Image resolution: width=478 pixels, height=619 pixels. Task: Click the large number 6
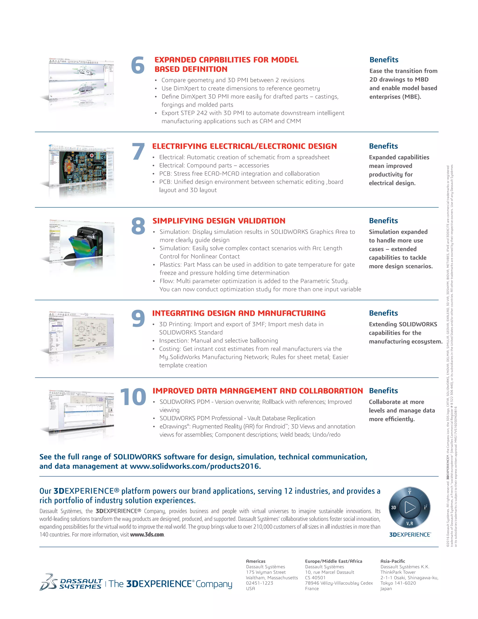138,65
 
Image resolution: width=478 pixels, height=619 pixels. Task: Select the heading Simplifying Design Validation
219,221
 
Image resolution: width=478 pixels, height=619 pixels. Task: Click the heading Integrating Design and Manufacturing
239,313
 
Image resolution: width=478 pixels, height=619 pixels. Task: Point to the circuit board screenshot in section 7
82,167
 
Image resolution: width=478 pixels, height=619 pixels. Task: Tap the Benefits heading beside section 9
383,313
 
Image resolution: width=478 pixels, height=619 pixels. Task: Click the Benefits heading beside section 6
384,60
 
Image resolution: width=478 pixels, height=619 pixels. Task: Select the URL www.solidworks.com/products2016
195,466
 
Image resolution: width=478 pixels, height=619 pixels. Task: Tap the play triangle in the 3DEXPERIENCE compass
409,507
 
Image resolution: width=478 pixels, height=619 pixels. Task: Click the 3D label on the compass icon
394,507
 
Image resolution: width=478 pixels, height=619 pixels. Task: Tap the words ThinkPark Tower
398,572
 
